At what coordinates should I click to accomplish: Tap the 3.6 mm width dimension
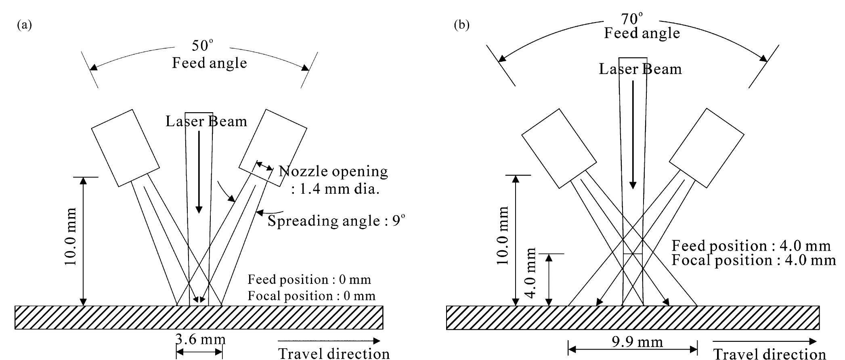click(200, 339)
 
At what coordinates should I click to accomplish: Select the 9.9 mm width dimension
click(637, 342)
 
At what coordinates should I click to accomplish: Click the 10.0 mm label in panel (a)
click(71, 237)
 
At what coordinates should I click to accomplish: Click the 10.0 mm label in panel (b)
click(503, 235)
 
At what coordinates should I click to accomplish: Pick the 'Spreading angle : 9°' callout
click(336, 221)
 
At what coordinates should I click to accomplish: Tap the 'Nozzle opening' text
click(333, 172)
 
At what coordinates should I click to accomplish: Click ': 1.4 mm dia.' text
click(335, 189)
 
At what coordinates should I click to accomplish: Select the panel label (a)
click(24, 25)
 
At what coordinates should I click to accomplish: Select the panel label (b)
click(462, 25)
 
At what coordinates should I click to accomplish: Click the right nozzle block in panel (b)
click(707, 148)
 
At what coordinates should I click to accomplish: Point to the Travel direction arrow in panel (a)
click(329, 341)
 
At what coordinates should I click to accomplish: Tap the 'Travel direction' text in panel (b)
click(770, 354)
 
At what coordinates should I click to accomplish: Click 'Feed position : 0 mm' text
click(309, 279)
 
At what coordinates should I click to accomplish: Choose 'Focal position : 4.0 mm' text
click(753, 260)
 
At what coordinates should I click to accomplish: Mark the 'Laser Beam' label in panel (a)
click(206, 121)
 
